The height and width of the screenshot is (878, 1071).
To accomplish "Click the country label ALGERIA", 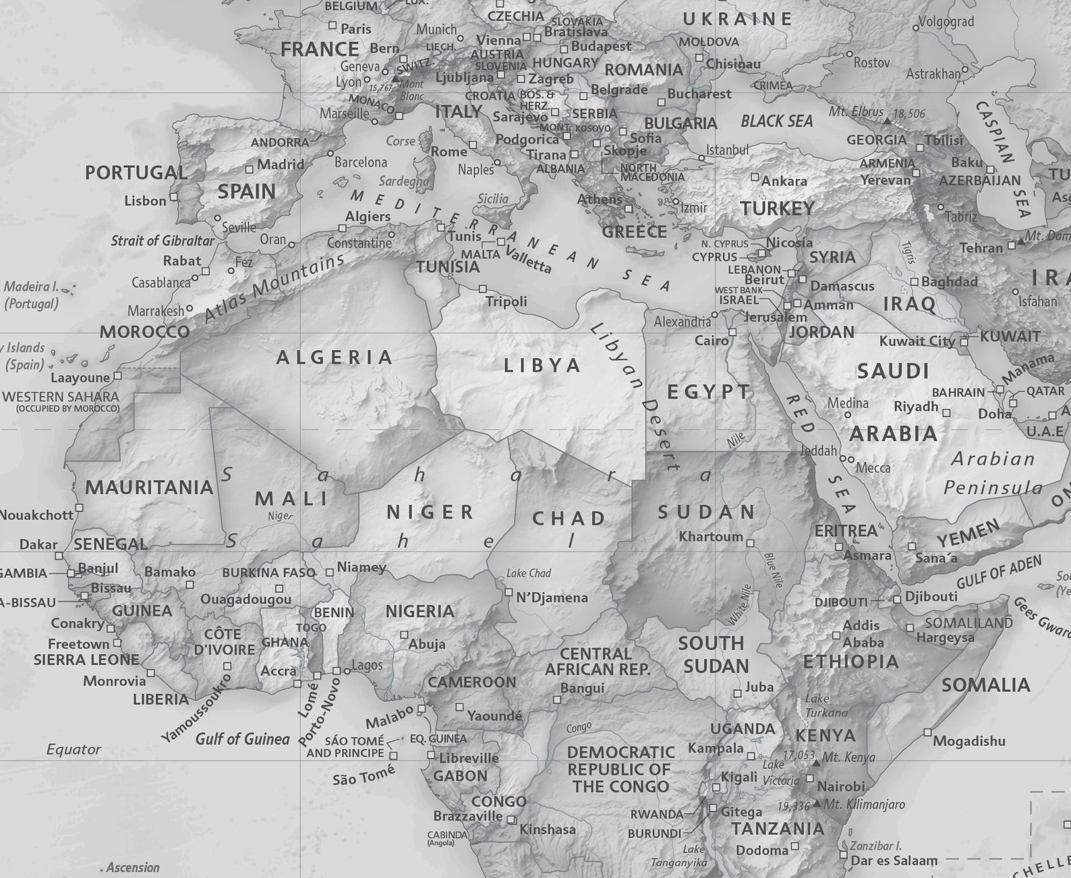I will (335, 357).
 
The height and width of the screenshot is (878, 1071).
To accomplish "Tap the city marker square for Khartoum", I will (750, 543).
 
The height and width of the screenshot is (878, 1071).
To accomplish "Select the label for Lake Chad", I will (528, 573).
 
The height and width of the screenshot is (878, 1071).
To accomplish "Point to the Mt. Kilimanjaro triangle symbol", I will (817, 804).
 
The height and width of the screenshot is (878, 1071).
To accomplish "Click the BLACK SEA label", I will (776, 121).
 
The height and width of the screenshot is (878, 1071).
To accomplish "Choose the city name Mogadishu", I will (968, 741).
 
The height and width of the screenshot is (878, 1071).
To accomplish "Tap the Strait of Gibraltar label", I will (162, 241).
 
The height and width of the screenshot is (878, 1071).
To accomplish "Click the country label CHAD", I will (569, 519).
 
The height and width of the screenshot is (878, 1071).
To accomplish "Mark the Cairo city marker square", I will (732, 332).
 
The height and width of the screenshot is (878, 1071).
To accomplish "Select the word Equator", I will (74, 749).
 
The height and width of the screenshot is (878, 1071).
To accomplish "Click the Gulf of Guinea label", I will (242, 739).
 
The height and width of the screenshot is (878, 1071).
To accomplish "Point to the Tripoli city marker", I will (482, 289).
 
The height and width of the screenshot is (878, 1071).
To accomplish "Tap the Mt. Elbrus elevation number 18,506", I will (909, 114).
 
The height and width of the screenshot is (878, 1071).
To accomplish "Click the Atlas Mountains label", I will (274, 288).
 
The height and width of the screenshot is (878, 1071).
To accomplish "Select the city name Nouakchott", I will (36, 515).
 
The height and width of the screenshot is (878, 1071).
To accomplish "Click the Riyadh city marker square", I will (946, 413).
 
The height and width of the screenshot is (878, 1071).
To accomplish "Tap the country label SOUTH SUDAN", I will (714, 655).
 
